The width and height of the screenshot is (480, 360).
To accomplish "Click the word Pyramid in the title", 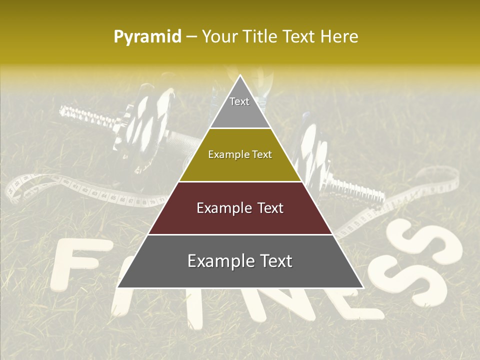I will click(x=147, y=37).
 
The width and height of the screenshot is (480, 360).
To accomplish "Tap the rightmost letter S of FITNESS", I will click(x=425, y=260).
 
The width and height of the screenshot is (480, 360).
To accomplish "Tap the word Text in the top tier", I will click(x=239, y=101).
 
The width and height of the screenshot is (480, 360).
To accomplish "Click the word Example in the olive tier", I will click(x=224, y=154).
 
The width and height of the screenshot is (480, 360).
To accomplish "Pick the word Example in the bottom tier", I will click(x=218, y=261).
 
